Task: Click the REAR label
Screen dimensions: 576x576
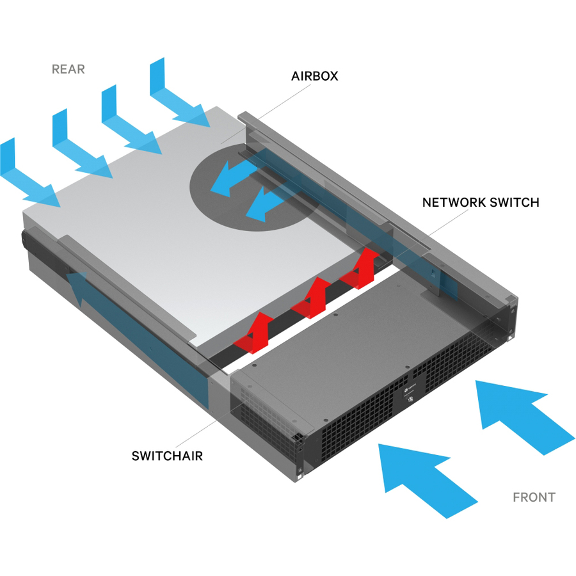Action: tap(68, 69)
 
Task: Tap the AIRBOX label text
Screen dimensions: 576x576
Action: tap(314, 76)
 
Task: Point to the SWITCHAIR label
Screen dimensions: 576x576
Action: tap(167, 456)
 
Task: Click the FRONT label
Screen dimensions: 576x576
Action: tap(534, 497)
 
